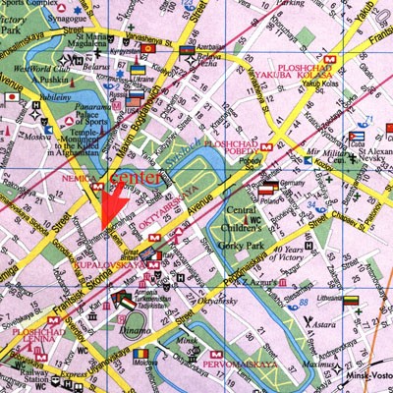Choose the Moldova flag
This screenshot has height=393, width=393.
142,353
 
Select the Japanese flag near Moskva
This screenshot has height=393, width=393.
12,97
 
